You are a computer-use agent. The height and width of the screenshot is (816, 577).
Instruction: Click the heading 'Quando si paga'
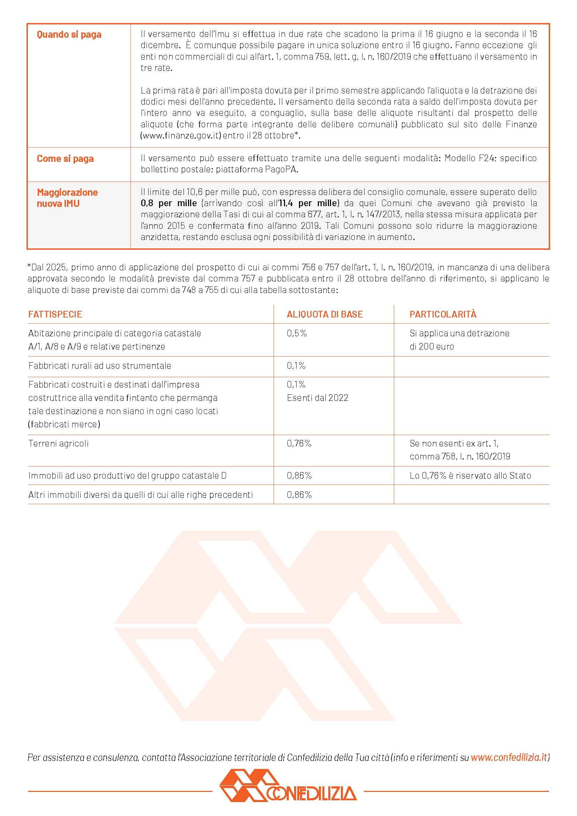pyautogui.click(x=69, y=35)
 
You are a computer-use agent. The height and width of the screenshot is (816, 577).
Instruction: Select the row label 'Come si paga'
pyautogui.click(x=65, y=158)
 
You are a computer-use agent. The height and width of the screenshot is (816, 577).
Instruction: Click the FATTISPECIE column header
pyautogui.click(x=55, y=314)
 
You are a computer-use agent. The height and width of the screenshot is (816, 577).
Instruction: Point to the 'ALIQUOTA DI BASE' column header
pyautogui.click(x=325, y=314)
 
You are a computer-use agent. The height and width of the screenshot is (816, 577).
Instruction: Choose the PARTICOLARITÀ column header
pyautogui.click(x=443, y=314)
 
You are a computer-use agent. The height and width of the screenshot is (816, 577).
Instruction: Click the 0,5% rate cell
pyautogui.click(x=297, y=334)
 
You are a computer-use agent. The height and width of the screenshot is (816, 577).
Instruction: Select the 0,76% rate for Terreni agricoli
pyautogui.click(x=299, y=443)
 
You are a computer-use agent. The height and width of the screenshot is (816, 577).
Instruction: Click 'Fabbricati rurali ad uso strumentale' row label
pyautogui.click(x=99, y=366)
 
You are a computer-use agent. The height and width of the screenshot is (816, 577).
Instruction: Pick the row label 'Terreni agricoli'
pyautogui.click(x=58, y=443)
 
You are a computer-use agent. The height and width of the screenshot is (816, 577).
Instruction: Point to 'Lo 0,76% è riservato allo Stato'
pyautogui.click(x=470, y=476)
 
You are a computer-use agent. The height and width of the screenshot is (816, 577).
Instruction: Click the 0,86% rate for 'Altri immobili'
pyautogui.click(x=299, y=495)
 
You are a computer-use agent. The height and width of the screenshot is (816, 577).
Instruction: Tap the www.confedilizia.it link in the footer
pyautogui.click(x=509, y=757)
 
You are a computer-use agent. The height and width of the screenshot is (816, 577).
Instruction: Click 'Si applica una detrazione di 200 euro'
pyautogui.click(x=459, y=340)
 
